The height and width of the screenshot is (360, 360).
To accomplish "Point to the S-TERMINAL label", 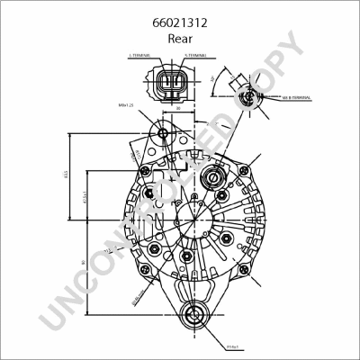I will pyautogui.click(x=195, y=56).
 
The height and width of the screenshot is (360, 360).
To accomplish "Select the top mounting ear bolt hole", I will pyautogui.click(x=163, y=134).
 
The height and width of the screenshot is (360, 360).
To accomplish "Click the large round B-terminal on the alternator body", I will pyautogui.click(x=216, y=175).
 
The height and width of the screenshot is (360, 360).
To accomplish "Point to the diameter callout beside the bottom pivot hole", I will pyautogui.click(x=231, y=345).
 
